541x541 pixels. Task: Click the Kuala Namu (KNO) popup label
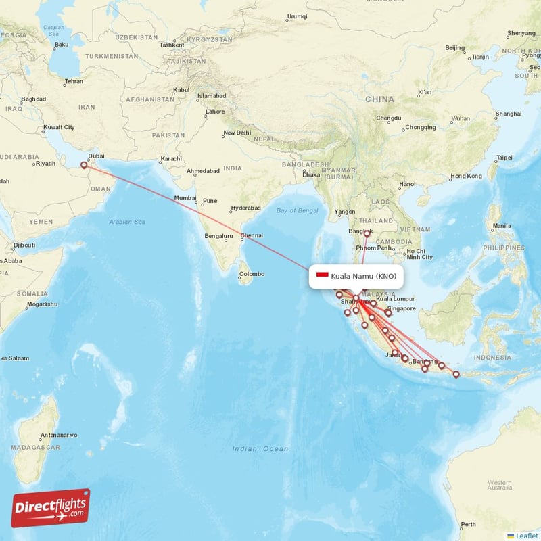point(363,276)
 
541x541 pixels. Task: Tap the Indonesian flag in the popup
point(322,275)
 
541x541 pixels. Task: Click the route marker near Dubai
point(84,164)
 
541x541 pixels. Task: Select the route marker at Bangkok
point(367,234)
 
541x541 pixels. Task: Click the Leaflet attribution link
point(526,536)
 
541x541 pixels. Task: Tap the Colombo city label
point(251,274)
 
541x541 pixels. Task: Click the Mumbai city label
point(185,198)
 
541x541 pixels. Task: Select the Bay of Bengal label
point(297,210)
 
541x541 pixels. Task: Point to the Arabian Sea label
point(127,222)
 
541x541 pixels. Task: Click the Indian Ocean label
point(260,448)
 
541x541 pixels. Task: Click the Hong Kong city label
point(466,177)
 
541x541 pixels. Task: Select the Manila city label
point(502,225)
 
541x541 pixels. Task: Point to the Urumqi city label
point(297,16)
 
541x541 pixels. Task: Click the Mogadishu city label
point(42,304)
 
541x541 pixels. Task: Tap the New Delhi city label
point(237,133)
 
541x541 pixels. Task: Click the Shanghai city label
point(508,114)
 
